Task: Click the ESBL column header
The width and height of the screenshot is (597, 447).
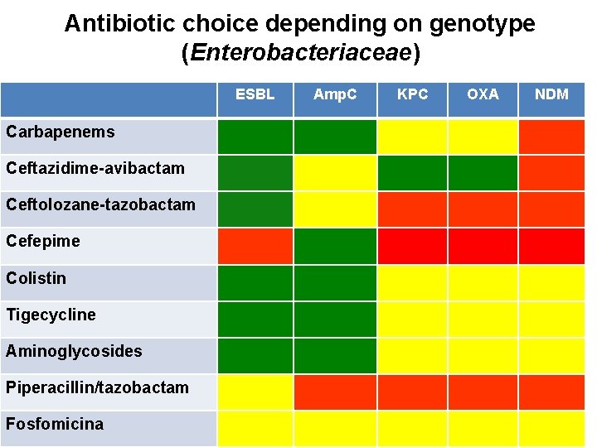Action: (255, 94)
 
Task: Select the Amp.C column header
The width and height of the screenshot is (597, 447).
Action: (335, 94)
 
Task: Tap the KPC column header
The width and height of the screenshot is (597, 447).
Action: (412, 94)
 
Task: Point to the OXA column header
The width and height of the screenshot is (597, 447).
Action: (483, 94)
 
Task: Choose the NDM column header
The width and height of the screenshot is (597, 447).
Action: (551, 94)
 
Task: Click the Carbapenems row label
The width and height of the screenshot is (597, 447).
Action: (61, 132)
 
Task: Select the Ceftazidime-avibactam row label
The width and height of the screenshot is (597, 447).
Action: (95, 168)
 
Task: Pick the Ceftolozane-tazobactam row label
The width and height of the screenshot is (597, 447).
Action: (100, 204)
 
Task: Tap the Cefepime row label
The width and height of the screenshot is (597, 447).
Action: (43, 241)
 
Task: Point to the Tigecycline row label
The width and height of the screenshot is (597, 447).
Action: (51, 315)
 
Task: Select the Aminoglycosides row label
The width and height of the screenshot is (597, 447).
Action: (74, 351)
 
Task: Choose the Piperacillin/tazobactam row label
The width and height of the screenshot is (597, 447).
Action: (97, 387)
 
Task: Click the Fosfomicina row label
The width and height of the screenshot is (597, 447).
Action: (55, 424)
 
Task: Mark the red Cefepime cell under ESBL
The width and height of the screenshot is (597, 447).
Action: (255, 246)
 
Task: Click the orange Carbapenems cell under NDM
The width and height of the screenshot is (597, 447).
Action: (551, 137)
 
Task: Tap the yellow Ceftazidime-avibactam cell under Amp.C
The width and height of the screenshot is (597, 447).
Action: (335, 173)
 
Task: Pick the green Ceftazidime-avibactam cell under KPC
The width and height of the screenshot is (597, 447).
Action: (412, 173)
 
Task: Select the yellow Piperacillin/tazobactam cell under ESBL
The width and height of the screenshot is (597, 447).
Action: (255, 392)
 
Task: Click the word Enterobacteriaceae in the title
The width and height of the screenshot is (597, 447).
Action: (301, 54)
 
